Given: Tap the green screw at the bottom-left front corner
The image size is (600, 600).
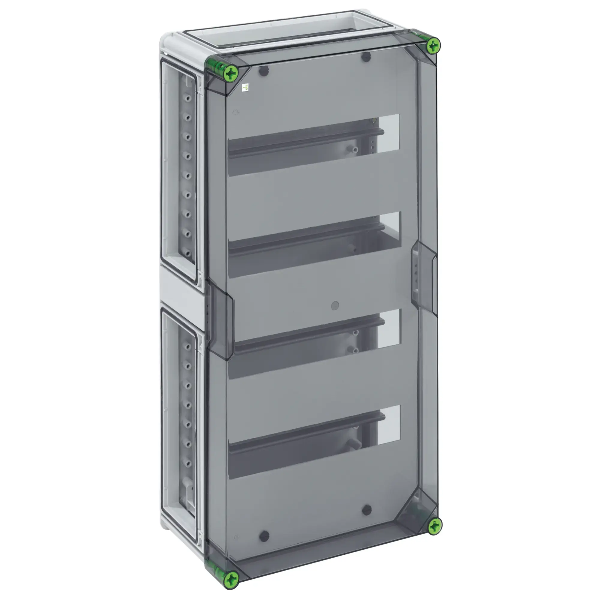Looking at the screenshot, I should click(231, 578).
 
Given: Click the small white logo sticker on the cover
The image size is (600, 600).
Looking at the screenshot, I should click(245, 88).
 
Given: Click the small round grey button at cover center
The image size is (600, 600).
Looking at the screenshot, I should click(335, 306).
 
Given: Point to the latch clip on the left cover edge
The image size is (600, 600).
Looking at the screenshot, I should click(220, 320).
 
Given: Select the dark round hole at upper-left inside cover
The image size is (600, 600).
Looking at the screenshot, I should click(263, 71).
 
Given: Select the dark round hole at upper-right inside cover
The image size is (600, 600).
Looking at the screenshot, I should click(366, 57).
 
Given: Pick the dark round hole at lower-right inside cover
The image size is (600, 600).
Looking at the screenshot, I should click(367, 510).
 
